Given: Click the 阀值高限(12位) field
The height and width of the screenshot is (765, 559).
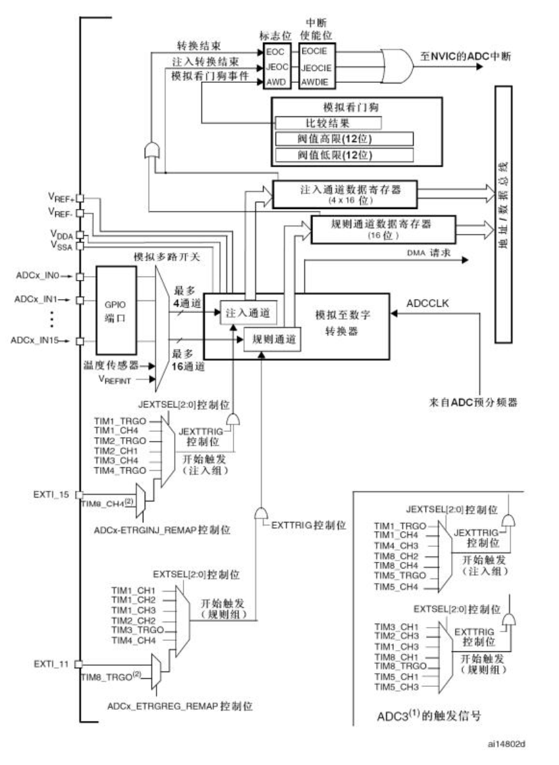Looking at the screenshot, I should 344,139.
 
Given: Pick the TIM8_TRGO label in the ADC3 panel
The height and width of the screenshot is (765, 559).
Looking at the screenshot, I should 402,665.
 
